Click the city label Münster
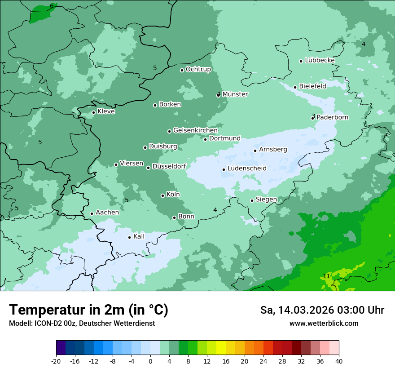coord(235,94)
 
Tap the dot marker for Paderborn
coord(313,118)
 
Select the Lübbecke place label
coord(320,60)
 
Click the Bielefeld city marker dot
coord(295,87)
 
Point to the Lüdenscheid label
coord(247,169)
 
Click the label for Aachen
coord(107,213)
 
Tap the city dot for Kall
coord(130,237)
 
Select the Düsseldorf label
coord(169,166)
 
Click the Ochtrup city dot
coord(182,70)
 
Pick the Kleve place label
coord(106,111)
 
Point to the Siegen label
coord(266,200)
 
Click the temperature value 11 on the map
coord(327,275)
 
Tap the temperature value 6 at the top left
coord(52,6)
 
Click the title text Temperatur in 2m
coord(89,310)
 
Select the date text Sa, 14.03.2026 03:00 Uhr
coord(322,310)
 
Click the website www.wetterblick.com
coord(324,323)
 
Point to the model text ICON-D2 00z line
coord(82,323)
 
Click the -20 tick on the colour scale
coord(56,361)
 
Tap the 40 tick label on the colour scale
coord(339,361)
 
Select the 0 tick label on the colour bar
coord(150,361)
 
